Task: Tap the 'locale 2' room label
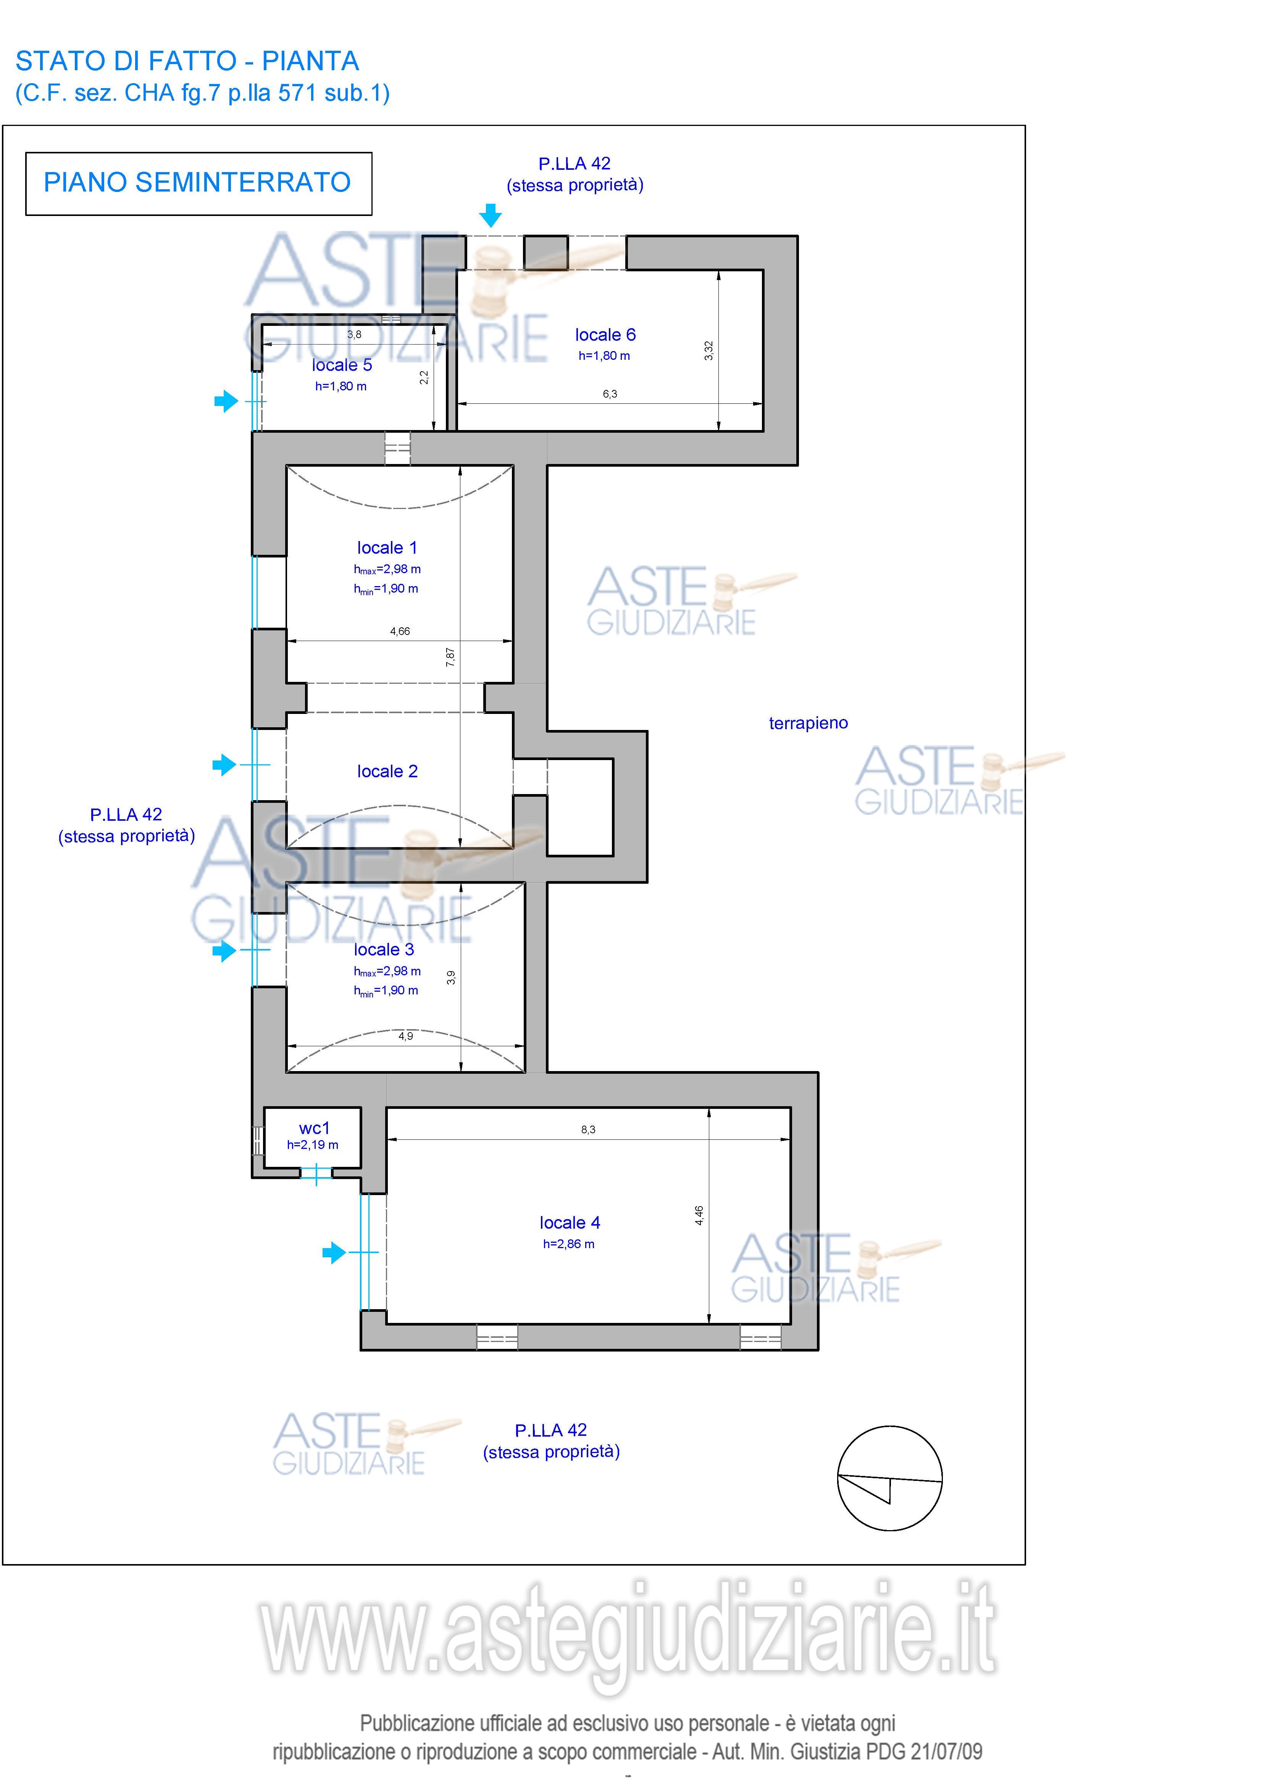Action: coord(387,771)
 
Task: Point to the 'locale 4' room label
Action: coord(570,1222)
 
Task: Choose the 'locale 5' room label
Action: coord(342,365)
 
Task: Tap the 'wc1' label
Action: coord(314,1128)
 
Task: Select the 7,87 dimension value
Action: coord(450,657)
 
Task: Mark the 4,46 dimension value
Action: coord(699,1215)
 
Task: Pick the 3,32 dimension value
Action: coord(708,351)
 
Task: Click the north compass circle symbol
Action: coord(889,1478)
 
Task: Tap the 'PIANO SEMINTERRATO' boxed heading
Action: coord(198,184)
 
